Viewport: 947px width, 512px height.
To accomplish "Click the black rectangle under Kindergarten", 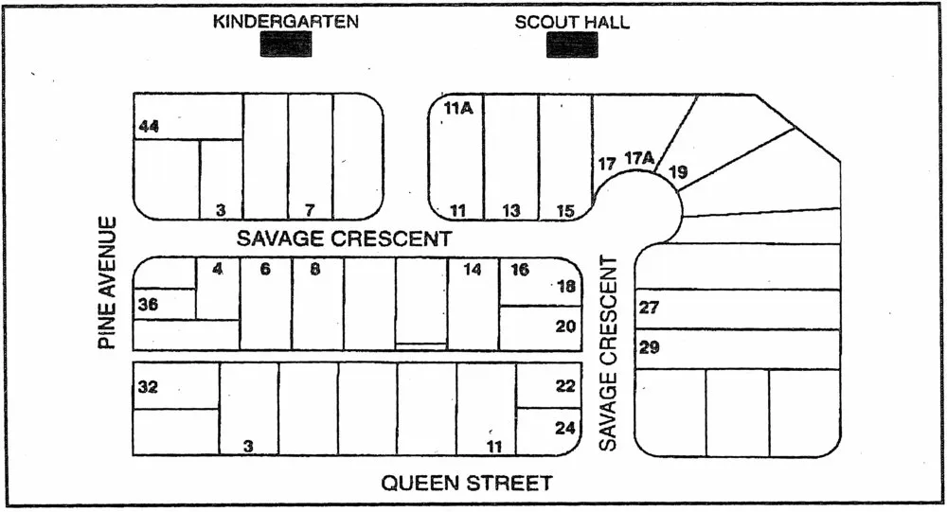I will click(x=286, y=44).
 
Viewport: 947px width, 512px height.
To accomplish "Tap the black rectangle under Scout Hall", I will click(x=572, y=44).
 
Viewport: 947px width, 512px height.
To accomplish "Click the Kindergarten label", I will click(x=285, y=21).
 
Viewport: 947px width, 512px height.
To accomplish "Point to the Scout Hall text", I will click(x=572, y=22).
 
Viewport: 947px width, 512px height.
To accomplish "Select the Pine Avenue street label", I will click(x=110, y=283).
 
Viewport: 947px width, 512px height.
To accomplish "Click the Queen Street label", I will click(x=466, y=484).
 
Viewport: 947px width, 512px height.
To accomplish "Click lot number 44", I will click(x=149, y=126).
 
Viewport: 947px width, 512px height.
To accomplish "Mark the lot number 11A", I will click(x=458, y=109).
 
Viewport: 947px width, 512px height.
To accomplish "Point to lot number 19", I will click(x=678, y=171).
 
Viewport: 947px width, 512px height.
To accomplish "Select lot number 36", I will click(x=148, y=305).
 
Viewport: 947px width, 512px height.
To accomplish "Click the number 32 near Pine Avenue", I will click(x=148, y=386).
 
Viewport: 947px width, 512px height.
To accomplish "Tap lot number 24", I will click(x=565, y=428).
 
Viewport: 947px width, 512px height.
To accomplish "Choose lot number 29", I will click(x=650, y=347).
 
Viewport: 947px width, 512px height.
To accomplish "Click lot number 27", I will click(x=649, y=308).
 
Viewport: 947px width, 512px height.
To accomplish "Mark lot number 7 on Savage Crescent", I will click(x=309, y=209).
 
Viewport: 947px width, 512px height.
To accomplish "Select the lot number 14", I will click(x=473, y=270).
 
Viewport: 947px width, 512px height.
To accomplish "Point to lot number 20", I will click(x=565, y=326).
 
